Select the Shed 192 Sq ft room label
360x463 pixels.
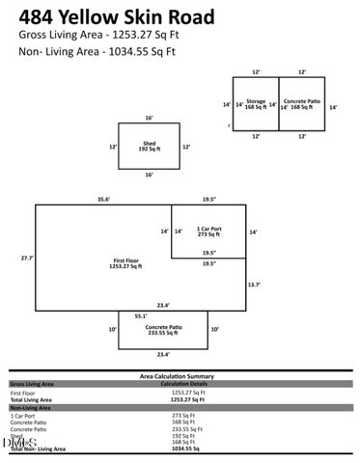point(150,148)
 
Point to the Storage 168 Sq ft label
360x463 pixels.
point(255,104)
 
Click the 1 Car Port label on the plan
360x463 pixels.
point(209,231)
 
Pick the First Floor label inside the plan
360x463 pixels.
point(125,264)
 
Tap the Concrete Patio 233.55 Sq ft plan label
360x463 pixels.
point(163,330)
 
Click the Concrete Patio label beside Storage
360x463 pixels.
point(302,104)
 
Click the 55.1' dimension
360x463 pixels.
point(141,315)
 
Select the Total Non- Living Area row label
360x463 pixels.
point(38,449)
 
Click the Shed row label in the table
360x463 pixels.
point(16,435)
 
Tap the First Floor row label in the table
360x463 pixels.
point(24,393)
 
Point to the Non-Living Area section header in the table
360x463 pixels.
point(32,408)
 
